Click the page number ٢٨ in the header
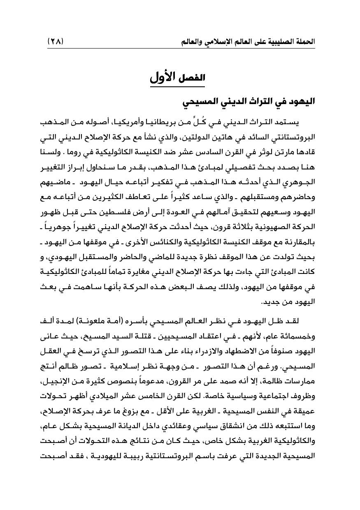[x=55, y=42]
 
